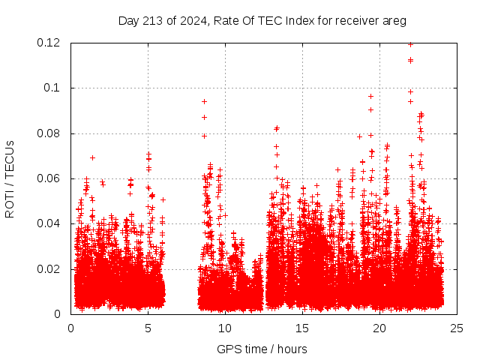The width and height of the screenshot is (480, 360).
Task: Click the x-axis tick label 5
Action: pos(148,328)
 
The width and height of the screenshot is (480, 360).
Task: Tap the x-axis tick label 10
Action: pos(225,328)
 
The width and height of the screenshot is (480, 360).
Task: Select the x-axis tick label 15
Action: pos(302,328)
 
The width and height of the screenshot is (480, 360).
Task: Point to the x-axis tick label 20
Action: pos(379,328)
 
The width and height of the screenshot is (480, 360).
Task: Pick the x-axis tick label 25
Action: pos(457,328)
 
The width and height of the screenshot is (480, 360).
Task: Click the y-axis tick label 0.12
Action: pos(49,43)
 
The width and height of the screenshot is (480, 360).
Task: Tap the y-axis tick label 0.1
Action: pos(52,88)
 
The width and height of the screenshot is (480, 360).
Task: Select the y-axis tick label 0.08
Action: pos(49,133)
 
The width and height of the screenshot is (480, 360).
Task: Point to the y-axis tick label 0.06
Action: pos(49,178)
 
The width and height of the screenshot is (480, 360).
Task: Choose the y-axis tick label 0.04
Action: pos(49,223)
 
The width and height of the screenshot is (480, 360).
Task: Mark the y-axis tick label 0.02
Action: pos(49,269)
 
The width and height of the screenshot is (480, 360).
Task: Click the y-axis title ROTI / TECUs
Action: pos(10,178)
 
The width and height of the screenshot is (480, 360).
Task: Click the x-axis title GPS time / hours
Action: pos(262,349)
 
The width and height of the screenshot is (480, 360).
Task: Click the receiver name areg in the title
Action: pos(394,20)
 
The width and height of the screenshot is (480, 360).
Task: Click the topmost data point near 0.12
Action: pos(409,44)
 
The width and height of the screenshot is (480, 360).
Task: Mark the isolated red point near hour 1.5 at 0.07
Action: pos(92,157)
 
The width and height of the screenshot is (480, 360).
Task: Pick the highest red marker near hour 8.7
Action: pos(204,101)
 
